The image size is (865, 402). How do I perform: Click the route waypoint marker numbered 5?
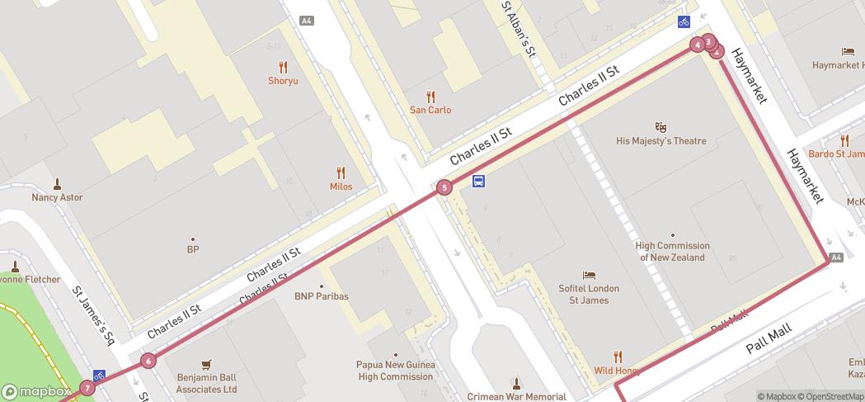click(x=444, y=187)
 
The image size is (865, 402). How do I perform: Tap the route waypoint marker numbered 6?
click(x=148, y=360)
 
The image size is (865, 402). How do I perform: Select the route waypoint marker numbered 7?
click(x=87, y=388)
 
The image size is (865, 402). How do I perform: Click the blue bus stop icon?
click(x=478, y=182)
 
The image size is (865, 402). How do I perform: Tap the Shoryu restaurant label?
click(x=283, y=80)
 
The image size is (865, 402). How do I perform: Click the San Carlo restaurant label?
click(x=430, y=110)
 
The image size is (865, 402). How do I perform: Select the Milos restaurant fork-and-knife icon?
click(x=341, y=173)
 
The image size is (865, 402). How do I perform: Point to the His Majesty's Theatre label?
click(x=661, y=141)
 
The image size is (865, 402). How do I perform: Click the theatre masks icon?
click(x=661, y=127)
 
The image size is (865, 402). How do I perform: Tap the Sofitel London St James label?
click(x=589, y=294)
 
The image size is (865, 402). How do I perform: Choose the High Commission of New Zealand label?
click(x=672, y=251)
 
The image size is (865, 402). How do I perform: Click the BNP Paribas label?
click(x=322, y=296)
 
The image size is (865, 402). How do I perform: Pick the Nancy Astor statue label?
click(x=58, y=197)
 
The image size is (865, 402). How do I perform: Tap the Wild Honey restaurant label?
click(x=618, y=371)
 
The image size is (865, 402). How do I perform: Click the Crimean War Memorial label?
click(x=516, y=396)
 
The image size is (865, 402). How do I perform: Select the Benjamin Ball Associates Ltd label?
click(x=206, y=383)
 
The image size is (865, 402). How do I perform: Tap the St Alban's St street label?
click(x=519, y=29)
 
